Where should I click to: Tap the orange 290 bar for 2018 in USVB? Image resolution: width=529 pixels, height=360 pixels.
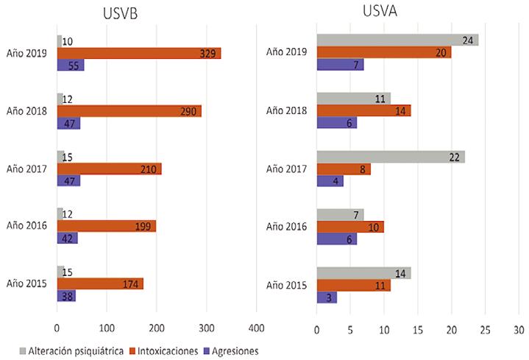point(129,111)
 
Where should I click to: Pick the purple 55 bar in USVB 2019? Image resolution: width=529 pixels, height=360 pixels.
point(71,65)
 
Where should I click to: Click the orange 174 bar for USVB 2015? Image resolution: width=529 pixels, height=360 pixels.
point(99,283)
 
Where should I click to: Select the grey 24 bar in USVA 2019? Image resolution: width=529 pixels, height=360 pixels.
point(397,40)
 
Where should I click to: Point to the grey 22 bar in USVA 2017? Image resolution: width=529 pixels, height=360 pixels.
point(391,157)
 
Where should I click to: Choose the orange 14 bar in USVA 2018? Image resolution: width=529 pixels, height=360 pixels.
point(363,110)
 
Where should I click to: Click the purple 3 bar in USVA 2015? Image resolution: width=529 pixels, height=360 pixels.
point(327,297)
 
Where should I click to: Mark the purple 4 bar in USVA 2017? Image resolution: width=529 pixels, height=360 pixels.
point(330,180)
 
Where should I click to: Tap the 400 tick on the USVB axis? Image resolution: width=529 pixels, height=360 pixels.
point(257,327)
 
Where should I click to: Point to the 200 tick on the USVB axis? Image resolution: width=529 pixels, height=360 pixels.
point(157,327)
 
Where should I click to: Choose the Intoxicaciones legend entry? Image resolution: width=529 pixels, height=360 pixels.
point(161,350)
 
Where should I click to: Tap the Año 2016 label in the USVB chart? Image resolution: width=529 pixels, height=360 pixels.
point(27,226)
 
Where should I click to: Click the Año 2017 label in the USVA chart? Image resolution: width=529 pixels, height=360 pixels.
point(288,168)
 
